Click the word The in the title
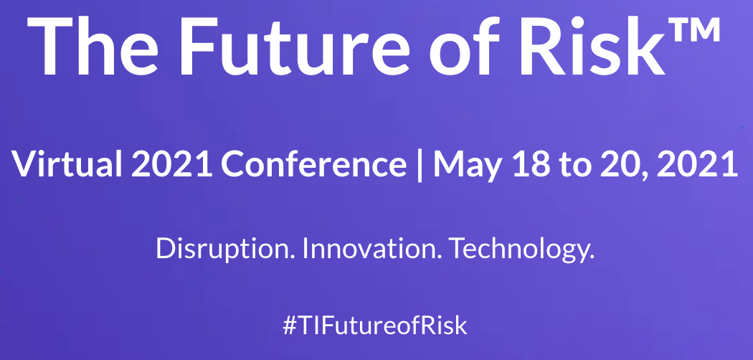(93, 47)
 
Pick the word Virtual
(67, 164)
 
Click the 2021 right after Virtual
(171, 164)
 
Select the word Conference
(313, 164)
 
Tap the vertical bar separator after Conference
(420, 165)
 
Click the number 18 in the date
(530, 164)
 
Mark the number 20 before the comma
(620, 164)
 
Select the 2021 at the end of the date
(697, 164)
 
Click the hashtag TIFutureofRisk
(375, 326)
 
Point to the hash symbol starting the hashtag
(289, 326)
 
